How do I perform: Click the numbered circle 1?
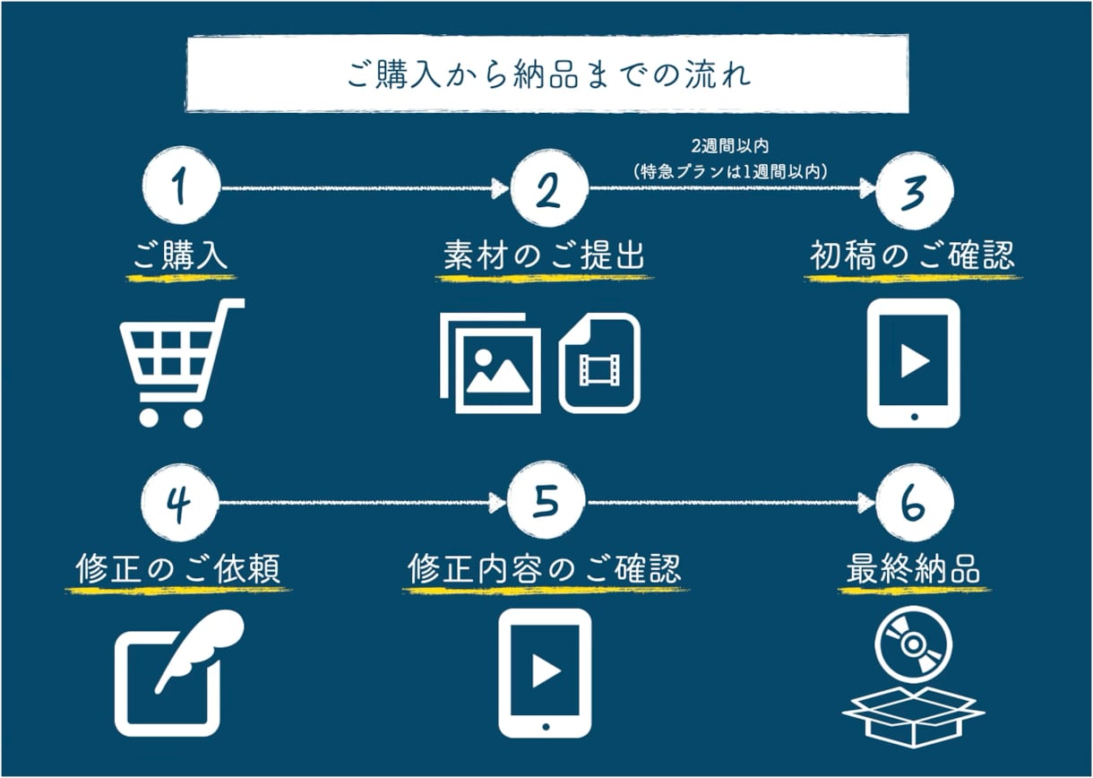coord(181,186)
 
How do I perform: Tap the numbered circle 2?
coord(549,188)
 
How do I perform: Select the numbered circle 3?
coord(914,190)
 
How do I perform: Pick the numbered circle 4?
coord(179,502)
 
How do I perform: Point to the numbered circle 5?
coord(546,501)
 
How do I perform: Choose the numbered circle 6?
coord(914,503)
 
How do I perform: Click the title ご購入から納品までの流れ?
coord(547,74)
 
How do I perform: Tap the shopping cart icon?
coord(182,363)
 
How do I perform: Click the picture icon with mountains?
coord(490,363)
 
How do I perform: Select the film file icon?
coord(599,363)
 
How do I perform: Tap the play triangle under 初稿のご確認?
coord(915,360)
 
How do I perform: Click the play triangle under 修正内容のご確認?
coord(546,670)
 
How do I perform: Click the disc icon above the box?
coord(914,644)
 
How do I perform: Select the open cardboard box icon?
coord(914,716)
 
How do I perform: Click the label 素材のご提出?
coord(544,255)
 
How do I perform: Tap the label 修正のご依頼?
coord(178,568)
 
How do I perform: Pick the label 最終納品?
coord(914,568)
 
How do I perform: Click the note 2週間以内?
coord(730,146)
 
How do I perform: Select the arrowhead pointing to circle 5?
coord(499,502)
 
